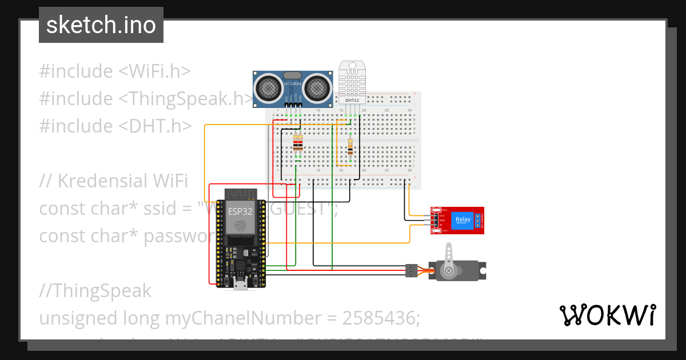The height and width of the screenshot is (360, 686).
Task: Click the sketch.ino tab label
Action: (x=101, y=25)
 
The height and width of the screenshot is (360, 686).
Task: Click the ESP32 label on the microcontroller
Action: (x=241, y=211)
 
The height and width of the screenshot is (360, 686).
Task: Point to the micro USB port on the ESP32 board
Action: (x=241, y=284)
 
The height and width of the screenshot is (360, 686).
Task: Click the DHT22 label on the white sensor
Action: (x=352, y=101)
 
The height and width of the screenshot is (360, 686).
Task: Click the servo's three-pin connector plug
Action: (x=410, y=271)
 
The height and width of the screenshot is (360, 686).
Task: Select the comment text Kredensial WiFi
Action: (x=123, y=181)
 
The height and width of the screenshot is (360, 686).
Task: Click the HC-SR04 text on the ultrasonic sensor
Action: (x=292, y=85)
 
